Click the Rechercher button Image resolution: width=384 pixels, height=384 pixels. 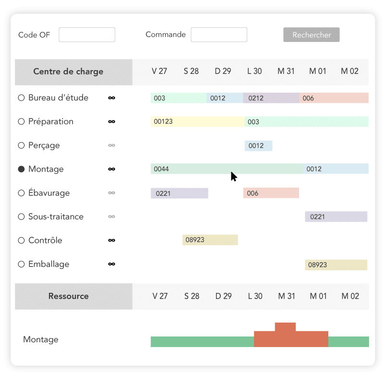pyautogui.click(x=312, y=35)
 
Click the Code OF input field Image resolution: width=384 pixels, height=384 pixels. pyautogui.click(x=87, y=35)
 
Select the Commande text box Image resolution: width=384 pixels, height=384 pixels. pyautogui.click(x=219, y=35)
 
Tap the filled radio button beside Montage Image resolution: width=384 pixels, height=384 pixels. pyautogui.click(x=21, y=169)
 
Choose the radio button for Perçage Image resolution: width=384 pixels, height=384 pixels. pyautogui.click(x=21, y=145)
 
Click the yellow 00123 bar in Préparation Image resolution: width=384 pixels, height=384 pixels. pyautogui.click(x=197, y=122)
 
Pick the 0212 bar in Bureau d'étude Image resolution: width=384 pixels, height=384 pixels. pyautogui.click(x=271, y=98)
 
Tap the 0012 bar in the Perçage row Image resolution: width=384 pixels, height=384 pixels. pyautogui.click(x=258, y=146)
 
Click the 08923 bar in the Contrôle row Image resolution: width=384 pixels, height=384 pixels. pyautogui.click(x=210, y=240)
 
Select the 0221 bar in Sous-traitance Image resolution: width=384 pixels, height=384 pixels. pyautogui.click(x=336, y=217)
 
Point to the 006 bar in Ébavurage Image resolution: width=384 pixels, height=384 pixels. pyautogui.click(x=271, y=193)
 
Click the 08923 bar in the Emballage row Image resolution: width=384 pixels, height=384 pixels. pyautogui.click(x=336, y=264)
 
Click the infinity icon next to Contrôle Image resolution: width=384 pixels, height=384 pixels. pyautogui.click(x=112, y=240)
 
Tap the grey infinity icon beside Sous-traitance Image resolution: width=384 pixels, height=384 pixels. pyautogui.click(x=112, y=217)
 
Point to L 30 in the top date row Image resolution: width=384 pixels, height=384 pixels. pyautogui.click(x=254, y=72)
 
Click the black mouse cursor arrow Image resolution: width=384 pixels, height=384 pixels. pyautogui.click(x=233, y=176)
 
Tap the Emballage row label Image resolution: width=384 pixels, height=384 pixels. pyautogui.click(x=48, y=264)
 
